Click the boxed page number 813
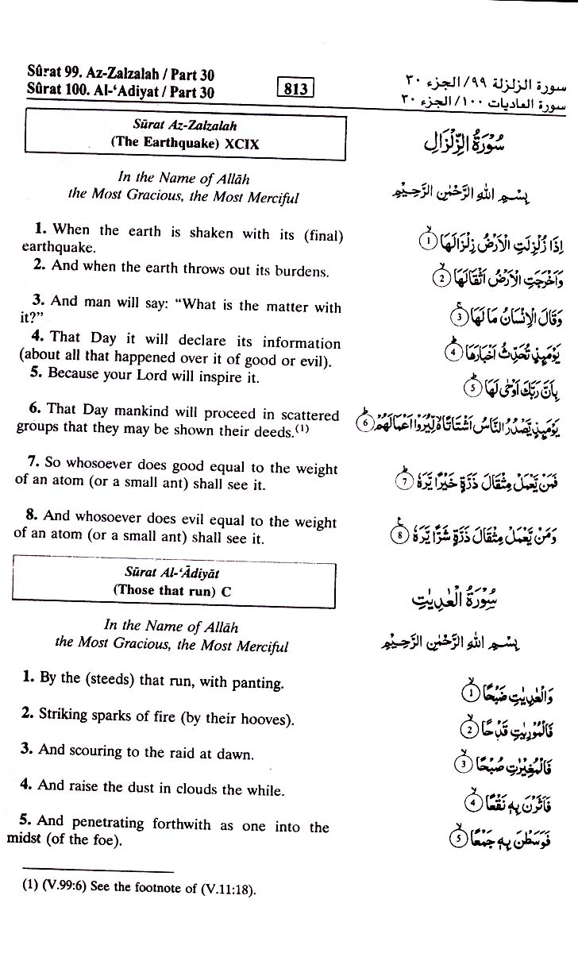295,89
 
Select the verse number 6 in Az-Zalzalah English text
34,409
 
